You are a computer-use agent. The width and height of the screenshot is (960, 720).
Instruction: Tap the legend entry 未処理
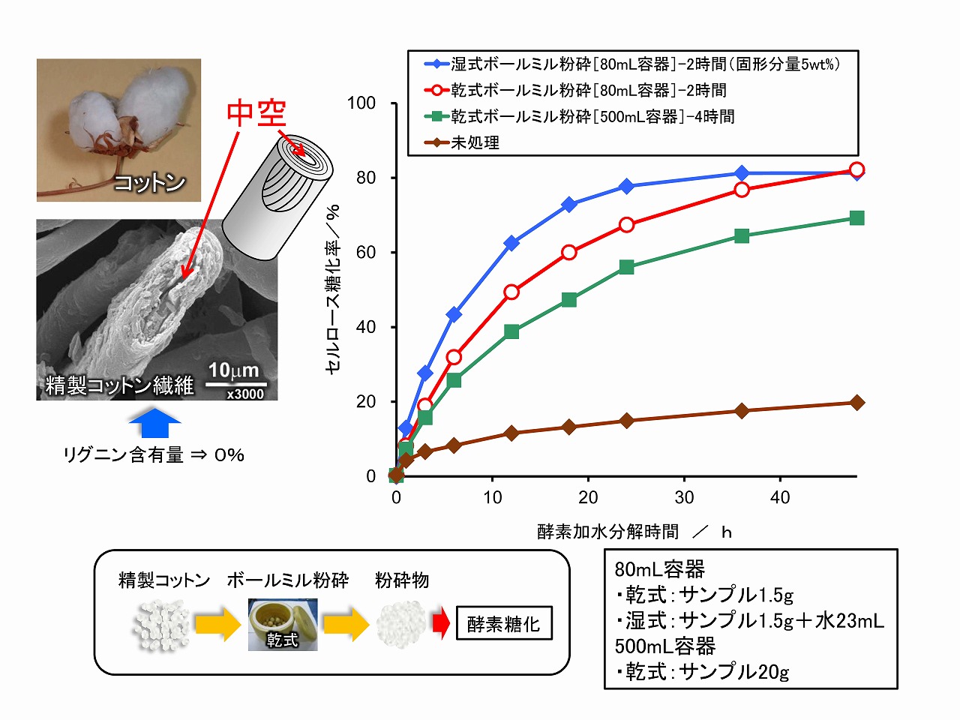475,142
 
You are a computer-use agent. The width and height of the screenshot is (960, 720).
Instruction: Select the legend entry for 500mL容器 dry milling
592,117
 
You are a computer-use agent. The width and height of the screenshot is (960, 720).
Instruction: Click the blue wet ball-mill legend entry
645,64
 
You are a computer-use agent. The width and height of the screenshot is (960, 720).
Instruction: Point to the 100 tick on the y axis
361,103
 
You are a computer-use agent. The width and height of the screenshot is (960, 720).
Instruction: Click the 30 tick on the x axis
684,497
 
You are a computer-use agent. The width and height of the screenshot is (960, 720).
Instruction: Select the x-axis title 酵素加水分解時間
608,532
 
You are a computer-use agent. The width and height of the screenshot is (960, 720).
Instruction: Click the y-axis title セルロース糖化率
333,289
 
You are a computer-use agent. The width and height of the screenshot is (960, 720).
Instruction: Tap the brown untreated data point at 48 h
856,403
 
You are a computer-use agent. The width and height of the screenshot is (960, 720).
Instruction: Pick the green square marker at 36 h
742,236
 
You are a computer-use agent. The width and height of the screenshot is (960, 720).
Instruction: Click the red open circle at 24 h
626,225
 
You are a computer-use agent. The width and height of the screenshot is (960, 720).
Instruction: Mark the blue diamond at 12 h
511,243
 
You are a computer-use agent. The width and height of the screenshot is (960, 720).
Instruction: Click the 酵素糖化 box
503,624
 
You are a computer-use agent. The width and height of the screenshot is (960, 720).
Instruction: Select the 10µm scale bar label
233,370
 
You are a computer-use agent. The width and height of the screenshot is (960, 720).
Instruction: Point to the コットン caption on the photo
149,182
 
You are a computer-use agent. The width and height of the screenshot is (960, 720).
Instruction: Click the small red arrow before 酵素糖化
440,622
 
